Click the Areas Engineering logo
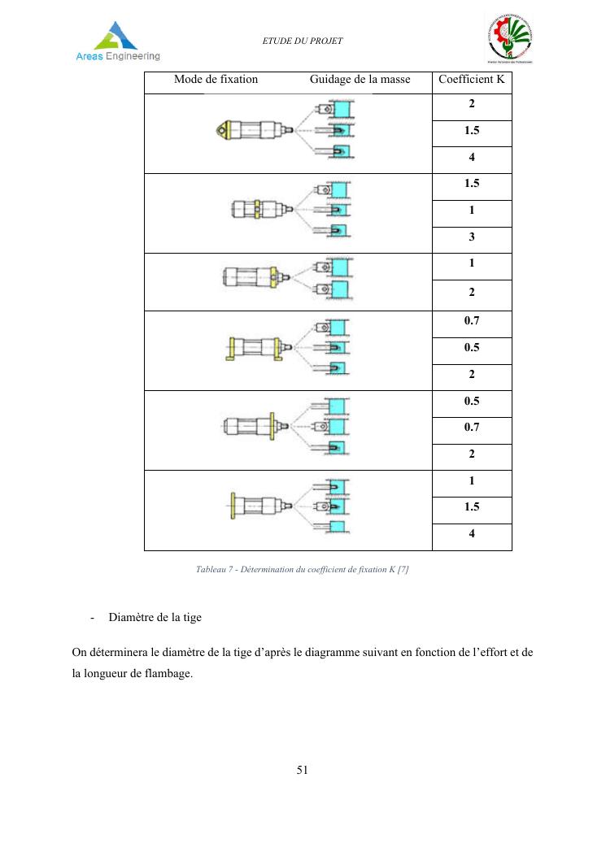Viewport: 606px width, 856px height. tap(119, 41)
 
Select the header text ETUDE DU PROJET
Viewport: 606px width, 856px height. tap(302, 41)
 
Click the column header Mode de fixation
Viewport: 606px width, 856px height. tap(216, 80)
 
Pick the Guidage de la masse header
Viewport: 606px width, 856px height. tap(360, 80)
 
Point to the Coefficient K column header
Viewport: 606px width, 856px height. tap(471, 80)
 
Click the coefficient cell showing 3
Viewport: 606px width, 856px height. tap(471, 237)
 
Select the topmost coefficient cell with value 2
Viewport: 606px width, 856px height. tap(471, 105)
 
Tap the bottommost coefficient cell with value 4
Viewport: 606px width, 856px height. tap(471, 535)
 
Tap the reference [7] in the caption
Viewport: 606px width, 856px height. tap(402, 570)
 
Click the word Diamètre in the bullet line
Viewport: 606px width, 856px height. tap(131, 618)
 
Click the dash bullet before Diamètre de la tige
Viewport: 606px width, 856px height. tap(92, 618)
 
